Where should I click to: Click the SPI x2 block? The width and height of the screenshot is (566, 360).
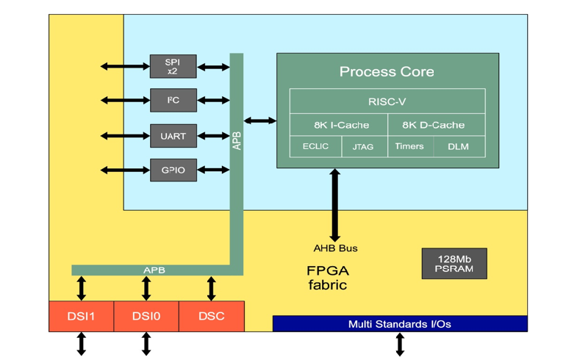click(x=173, y=66)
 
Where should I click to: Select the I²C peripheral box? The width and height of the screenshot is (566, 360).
click(x=173, y=100)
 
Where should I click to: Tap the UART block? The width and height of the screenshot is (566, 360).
click(x=173, y=136)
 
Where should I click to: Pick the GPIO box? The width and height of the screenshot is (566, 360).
click(x=173, y=170)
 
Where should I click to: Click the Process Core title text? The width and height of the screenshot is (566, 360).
click(x=387, y=71)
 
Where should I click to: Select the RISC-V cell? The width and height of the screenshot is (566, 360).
click(x=387, y=101)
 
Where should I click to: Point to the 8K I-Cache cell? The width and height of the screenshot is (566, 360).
click(x=338, y=125)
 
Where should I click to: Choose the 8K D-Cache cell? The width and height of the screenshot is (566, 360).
click(x=436, y=125)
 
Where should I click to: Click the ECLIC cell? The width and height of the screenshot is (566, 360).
click(x=316, y=146)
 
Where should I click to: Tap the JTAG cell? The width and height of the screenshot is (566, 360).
click(x=363, y=146)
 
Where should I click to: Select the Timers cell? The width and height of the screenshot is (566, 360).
click(x=409, y=146)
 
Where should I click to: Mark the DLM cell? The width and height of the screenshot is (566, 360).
click(x=458, y=146)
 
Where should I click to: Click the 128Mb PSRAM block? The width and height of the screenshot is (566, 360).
click(x=454, y=264)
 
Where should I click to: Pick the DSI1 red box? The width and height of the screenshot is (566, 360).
click(x=81, y=316)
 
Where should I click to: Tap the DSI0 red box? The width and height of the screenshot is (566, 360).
click(x=146, y=316)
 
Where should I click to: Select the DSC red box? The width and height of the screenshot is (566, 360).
click(x=211, y=316)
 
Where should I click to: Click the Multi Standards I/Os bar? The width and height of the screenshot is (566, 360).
click(x=399, y=323)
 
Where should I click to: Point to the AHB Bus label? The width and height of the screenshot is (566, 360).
click(x=335, y=248)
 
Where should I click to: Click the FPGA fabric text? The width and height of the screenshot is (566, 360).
click(x=327, y=277)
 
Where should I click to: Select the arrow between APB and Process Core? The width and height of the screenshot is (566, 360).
click(x=260, y=120)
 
